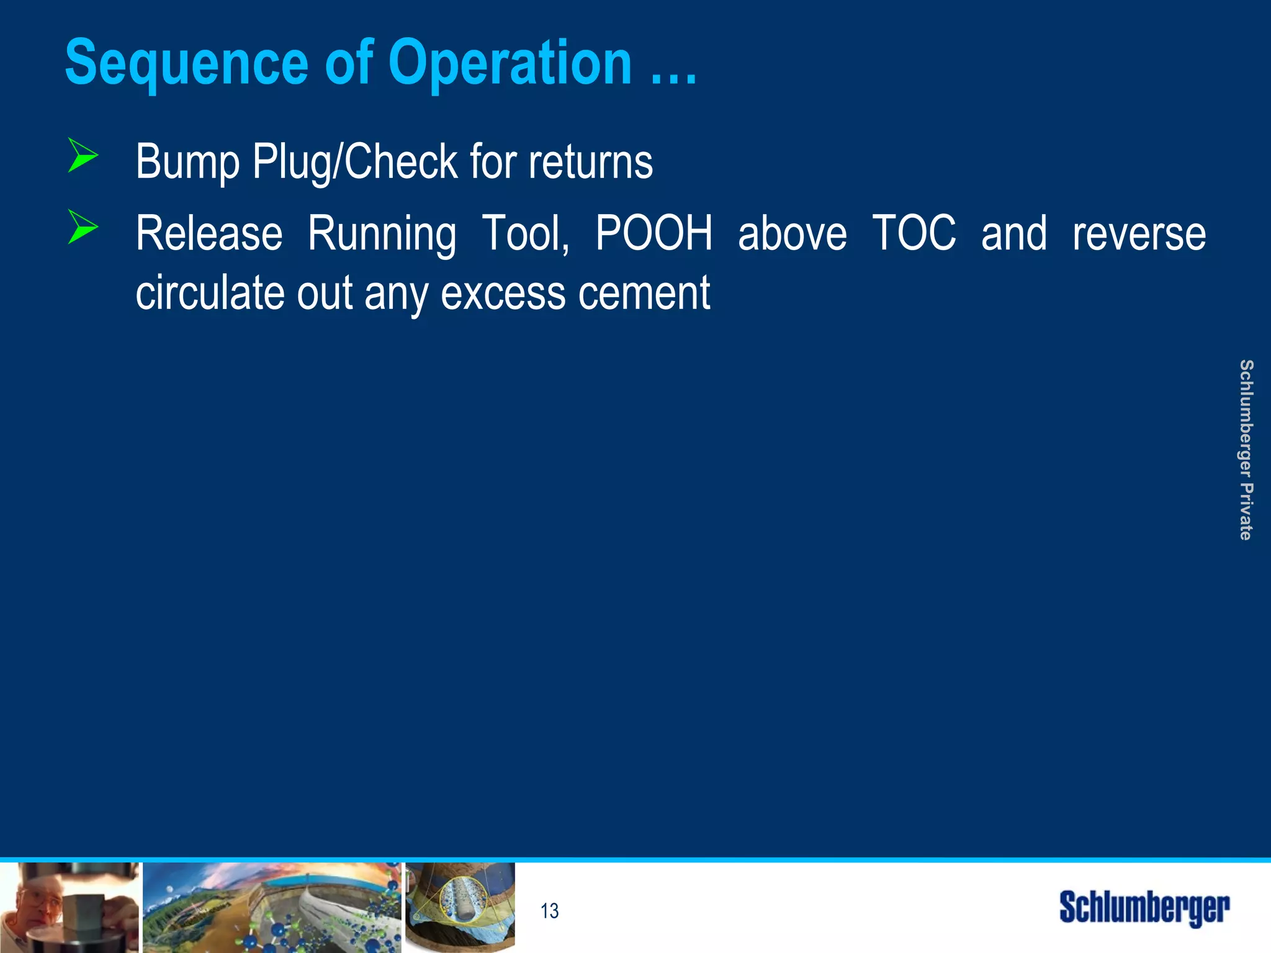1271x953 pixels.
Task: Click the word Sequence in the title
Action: pyautogui.click(x=186, y=63)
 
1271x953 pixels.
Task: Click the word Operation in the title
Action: pyautogui.click(x=510, y=63)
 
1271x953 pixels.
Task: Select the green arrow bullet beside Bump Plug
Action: pyautogui.click(x=83, y=156)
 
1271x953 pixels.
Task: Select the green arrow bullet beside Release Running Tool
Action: pyautogui.click(x=83, y=227)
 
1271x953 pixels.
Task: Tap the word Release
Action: pyautogui.click(x=209, y=234)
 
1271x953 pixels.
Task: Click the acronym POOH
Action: pyautogui.click(x=654, y=234)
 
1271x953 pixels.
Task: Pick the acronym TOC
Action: pyautogui.click(x=914, y=234)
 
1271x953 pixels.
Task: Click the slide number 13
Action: pyautogui.click(x=549, y=911)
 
